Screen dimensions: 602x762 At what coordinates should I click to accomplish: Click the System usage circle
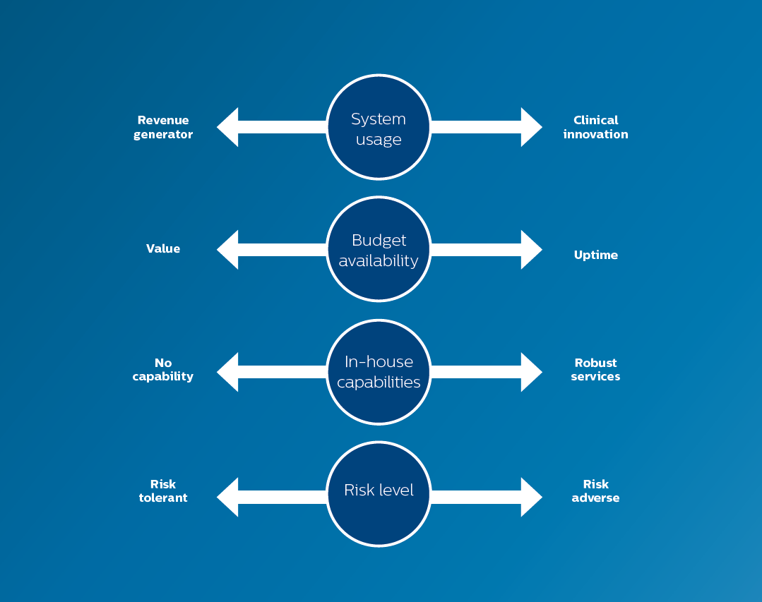point(379,127)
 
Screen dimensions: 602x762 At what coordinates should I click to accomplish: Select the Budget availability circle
point(379,250)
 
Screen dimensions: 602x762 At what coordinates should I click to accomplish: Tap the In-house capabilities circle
point(379,372)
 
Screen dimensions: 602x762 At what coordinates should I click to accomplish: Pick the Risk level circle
point(379,493)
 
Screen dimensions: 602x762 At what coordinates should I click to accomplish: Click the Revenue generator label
point(163,127)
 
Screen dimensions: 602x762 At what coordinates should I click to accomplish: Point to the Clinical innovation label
point(595,127)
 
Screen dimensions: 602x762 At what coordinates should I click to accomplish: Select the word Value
point(163,248)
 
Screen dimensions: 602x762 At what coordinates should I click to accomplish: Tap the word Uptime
point(595,255)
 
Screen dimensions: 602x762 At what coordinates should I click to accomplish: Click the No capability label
point(163,370)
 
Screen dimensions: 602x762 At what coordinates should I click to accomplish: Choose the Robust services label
point(595,370)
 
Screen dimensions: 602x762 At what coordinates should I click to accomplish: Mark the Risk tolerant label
point(163,491)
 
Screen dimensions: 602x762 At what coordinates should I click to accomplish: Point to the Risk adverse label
point(595,491)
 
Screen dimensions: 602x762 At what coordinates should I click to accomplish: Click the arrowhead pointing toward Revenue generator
point(229,127)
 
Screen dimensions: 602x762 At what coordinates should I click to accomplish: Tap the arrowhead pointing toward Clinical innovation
point(530,127)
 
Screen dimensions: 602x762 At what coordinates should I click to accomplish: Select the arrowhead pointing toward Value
point(229,250)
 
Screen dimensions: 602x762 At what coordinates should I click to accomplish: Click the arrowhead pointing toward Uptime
point(530,250)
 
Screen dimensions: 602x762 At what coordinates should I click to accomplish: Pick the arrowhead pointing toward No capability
point(229,372)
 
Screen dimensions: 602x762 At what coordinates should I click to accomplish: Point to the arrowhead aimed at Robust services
point(530,372)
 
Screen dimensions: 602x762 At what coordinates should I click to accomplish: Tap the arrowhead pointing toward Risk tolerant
point(229,497)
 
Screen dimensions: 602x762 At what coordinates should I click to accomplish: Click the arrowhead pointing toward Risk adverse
point(530,497)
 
